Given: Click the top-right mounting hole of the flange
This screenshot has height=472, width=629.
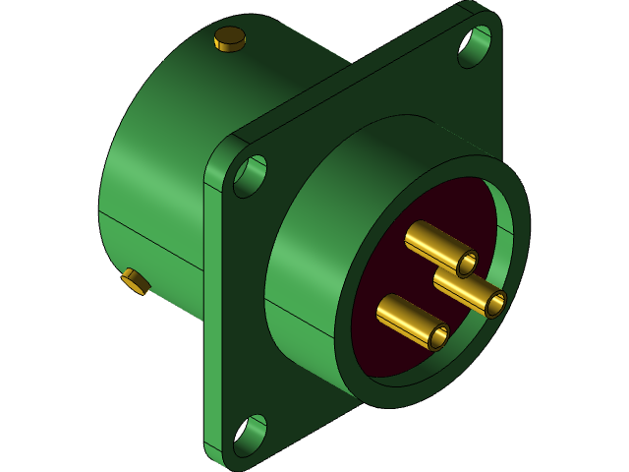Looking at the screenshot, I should coord(475,45).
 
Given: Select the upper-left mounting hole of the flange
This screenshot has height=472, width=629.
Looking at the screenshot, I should coord(250,176).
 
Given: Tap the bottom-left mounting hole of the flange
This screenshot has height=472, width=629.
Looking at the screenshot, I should coord(249,436).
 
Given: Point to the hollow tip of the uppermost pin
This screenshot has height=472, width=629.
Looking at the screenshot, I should coord(467,264).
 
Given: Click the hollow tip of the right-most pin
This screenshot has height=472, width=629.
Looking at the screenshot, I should coord(494,304).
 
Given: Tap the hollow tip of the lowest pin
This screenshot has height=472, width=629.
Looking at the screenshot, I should coord(438,337).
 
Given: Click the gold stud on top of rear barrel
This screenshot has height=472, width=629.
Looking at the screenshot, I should coord(229,38).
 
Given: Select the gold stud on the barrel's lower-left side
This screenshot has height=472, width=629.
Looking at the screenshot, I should coord(136,282).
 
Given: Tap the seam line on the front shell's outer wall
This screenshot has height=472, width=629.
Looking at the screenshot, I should coord(295,315).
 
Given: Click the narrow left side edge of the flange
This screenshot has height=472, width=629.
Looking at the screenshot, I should coord(211,315).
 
